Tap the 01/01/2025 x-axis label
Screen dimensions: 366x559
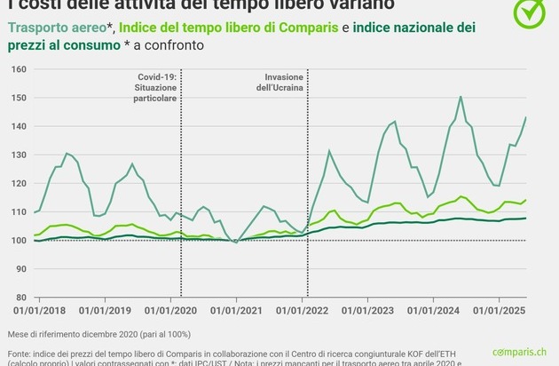500,310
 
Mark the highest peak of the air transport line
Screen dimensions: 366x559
461,97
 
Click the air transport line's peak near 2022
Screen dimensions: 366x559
329,151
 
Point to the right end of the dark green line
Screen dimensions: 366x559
526,218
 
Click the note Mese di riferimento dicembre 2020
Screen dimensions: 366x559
108,335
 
